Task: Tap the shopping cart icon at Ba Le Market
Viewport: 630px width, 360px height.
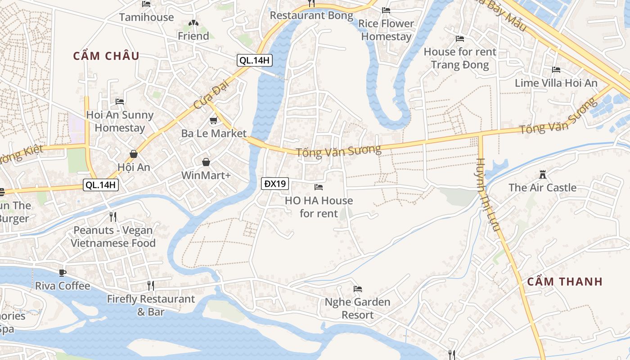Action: point(214,121)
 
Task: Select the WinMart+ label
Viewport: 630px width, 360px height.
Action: point(206,175)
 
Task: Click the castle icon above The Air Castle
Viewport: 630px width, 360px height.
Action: point(542,174)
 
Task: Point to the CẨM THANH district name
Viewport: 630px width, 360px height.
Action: point(564,282)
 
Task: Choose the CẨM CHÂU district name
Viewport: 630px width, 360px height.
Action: point(106,56)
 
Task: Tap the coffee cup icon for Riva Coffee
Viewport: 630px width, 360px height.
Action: point(63,273)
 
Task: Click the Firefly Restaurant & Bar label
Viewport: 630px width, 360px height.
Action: point(151,305)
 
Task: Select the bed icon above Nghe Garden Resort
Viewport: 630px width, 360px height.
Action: point(358,288)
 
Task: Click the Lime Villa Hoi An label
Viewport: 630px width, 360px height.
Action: point(556,83)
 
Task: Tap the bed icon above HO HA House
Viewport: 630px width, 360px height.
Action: point(319,187)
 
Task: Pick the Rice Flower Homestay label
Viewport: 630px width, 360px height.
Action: point(386,30)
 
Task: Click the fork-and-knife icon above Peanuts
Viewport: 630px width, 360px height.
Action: point(113,217)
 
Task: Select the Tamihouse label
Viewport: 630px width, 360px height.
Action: point(146,18)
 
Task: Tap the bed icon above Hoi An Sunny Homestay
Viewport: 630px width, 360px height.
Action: point(120,101)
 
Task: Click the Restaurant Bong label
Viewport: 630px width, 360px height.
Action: point(311,16)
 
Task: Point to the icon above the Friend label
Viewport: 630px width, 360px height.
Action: point(193,23)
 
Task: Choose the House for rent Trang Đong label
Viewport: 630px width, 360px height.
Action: point(460,58)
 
